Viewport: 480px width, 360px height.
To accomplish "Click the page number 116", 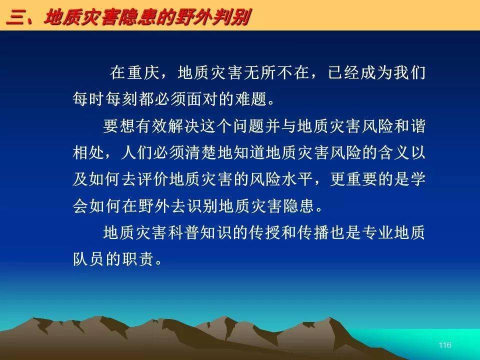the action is [x=445, y=345].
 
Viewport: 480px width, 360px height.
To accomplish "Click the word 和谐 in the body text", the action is [x=409, y=125].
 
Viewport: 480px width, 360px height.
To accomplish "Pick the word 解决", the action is [x=183, y=125].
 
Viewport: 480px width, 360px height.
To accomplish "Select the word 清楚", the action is [x=201, y=152].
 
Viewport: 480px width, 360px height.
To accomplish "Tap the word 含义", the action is [x=393, y=152].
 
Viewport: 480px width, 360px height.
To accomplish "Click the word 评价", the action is [x=153, y=179].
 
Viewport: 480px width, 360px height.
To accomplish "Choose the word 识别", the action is [x=201, y=205].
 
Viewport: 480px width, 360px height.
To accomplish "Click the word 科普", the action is [x=183, y=232].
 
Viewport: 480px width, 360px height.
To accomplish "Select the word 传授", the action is [x=264, y=232].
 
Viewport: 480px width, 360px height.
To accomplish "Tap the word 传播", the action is [x=313, y=232].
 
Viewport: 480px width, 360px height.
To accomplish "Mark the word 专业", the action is [x=377, y=232].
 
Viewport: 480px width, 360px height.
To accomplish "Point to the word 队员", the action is [x=89, y=259].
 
